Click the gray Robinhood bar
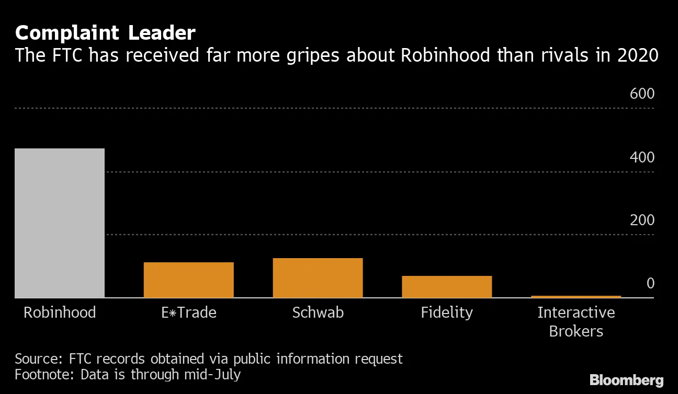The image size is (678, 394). click(x=60, y=223)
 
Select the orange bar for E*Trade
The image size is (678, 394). click(x=188, y=280)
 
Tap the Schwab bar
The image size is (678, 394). click(x=318, y=278)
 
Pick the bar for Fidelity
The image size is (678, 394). click(x=447, y=287)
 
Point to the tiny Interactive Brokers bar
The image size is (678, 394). click(x=575, y=296)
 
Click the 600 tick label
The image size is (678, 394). click(x=642, y=94)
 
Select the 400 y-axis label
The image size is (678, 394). click(x=642, y=157)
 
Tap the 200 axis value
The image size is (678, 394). click(x=642, y=221)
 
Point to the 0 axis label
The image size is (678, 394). click(x=650, y=284)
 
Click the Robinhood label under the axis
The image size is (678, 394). click(x=60, y=312)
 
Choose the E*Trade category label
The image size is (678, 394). click(x=188, y=312)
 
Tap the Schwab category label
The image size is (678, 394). click(x=318, y=312)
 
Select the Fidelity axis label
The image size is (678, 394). click(x=447, y=312)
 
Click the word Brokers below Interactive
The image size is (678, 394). click(x=576, y=331)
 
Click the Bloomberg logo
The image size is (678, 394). click(x=626, y=380)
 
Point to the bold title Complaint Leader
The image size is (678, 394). click(x=105, y=33)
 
